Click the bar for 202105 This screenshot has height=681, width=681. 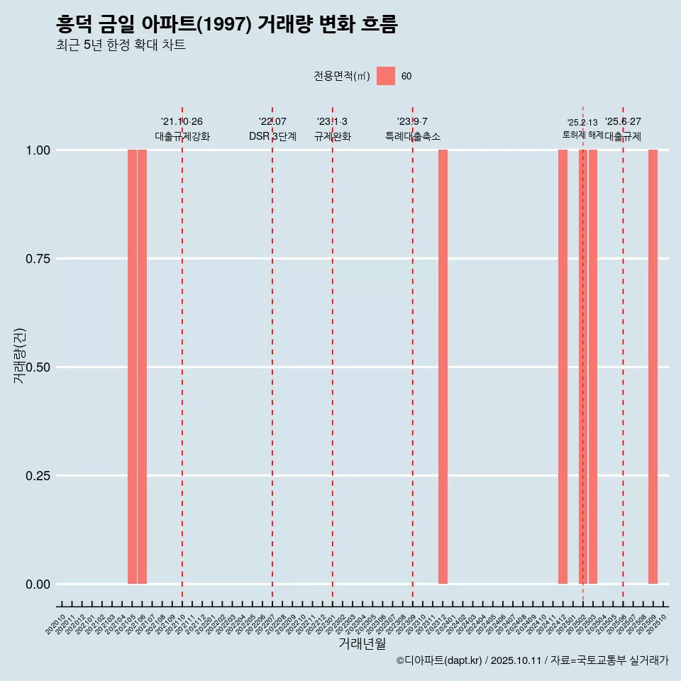[132, 367]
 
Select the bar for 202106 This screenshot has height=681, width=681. [142, 367]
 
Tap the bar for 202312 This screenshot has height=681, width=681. [443, 367]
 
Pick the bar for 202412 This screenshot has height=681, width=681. [563, 367]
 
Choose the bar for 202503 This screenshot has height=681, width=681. [593, 367]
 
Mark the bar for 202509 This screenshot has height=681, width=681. [653, 367]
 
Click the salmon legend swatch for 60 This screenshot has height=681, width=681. [385, 76]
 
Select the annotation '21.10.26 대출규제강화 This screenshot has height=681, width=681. [182, 129]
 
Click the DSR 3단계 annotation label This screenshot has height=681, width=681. [272, 136]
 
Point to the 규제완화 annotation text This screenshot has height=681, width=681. [333, 136]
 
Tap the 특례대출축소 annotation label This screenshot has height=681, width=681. [413, 136]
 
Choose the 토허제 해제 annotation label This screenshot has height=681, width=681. [582, 134]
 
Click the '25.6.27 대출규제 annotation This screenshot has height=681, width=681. [623, 129]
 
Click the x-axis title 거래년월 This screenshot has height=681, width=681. [362, 644]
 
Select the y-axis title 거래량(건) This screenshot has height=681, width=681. [20, 356]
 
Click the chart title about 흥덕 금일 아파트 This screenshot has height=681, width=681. [226, 24]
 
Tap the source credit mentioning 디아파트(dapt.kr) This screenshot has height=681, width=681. [532, 660]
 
